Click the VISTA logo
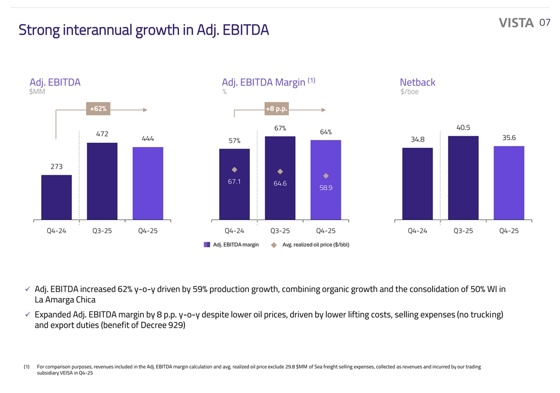(x=516, y=23)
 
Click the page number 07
(x=544, y=23)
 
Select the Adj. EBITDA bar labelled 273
(x=57, y=197)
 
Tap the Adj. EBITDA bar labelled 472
(x=102, y=181)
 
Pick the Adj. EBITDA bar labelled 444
(x=148, y=183)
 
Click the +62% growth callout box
(x=98, y=109)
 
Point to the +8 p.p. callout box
(x=277, y=109)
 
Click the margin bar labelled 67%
(x=280, y=203)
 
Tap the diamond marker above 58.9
(x=326, y=176)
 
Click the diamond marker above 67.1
(x=234, y=170)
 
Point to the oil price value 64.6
(x=280, y=183)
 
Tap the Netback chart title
(x=418, y=82)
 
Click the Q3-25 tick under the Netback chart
(x=463, y=231)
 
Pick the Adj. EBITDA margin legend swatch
(x=207, y=245)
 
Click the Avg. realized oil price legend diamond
(x=274, y=245)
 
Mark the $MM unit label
(x=37, y=92)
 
